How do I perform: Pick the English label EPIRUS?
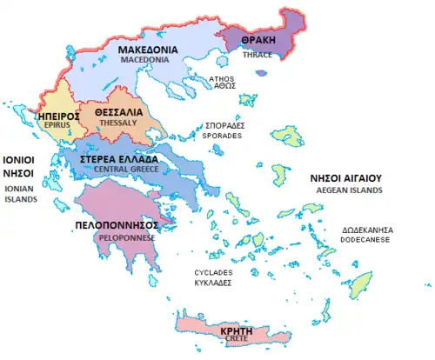54,125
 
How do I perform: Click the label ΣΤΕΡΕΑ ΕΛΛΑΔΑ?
119,160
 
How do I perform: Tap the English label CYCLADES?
213,272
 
